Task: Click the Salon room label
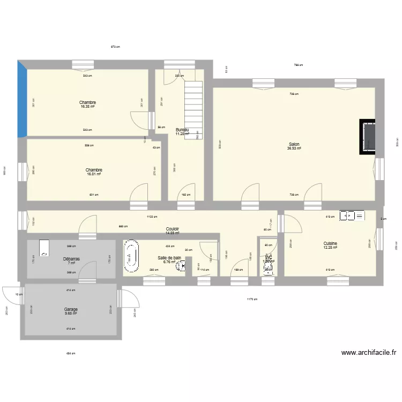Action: point(294,144)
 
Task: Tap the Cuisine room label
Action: point(330,243)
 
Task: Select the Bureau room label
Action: point(182,130)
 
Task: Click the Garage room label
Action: point(71,309)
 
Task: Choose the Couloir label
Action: point(172,229)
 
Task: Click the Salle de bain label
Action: point(169,258)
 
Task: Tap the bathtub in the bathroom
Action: point(131,257)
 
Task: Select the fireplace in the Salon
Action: point(368,136)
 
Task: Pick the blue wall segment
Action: point(21,99)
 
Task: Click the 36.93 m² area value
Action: point(294,148)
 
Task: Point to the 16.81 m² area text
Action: point(94,174)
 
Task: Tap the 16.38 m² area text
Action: point(87,107)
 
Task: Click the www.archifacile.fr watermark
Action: point(369,353)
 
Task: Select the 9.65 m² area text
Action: point(71,314)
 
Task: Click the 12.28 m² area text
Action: point(330,248)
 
